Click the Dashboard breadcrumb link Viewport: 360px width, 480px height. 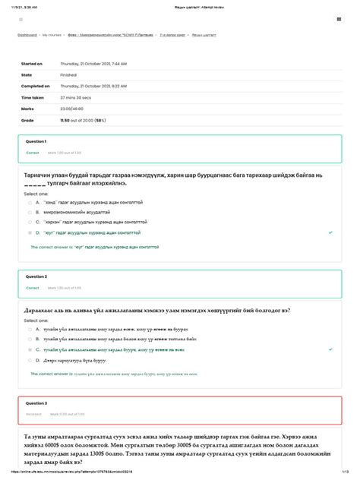(27, 35)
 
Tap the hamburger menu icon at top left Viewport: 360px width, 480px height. (21, 19)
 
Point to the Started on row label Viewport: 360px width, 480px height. (32, 64)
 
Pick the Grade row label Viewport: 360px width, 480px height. (27, 120)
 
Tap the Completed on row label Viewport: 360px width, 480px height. (35, 87)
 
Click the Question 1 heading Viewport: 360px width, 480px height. (36, 142)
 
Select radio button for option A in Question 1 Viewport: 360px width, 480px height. (29, 203)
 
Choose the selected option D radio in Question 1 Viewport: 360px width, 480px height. (29, 232)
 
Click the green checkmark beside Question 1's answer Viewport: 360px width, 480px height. (330, 232)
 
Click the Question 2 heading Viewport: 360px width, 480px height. (36, 277)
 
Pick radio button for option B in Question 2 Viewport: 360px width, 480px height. (29, 339)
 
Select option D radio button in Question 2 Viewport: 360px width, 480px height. (29, 358)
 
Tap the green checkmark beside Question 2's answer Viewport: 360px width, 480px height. (330, 349)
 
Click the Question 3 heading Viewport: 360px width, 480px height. (36, 403)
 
